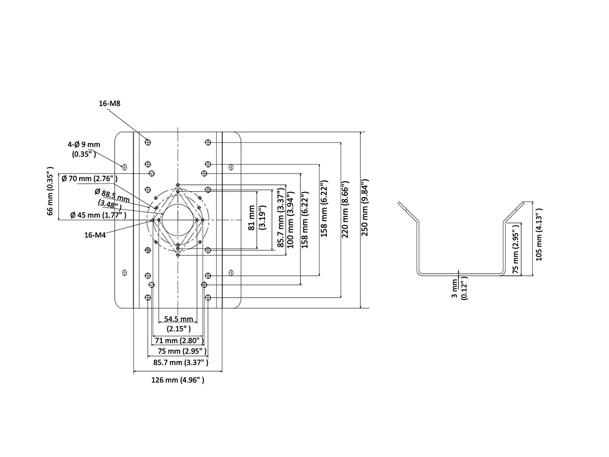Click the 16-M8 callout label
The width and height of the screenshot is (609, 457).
109,104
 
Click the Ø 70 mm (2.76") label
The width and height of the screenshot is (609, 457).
89,179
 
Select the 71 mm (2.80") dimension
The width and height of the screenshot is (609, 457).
178,340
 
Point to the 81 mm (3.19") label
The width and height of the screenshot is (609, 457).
257,218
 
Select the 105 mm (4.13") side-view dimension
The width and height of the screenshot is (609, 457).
539,234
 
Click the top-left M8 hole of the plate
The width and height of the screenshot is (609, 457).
148,141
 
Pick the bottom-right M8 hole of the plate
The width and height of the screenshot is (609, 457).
208,297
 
